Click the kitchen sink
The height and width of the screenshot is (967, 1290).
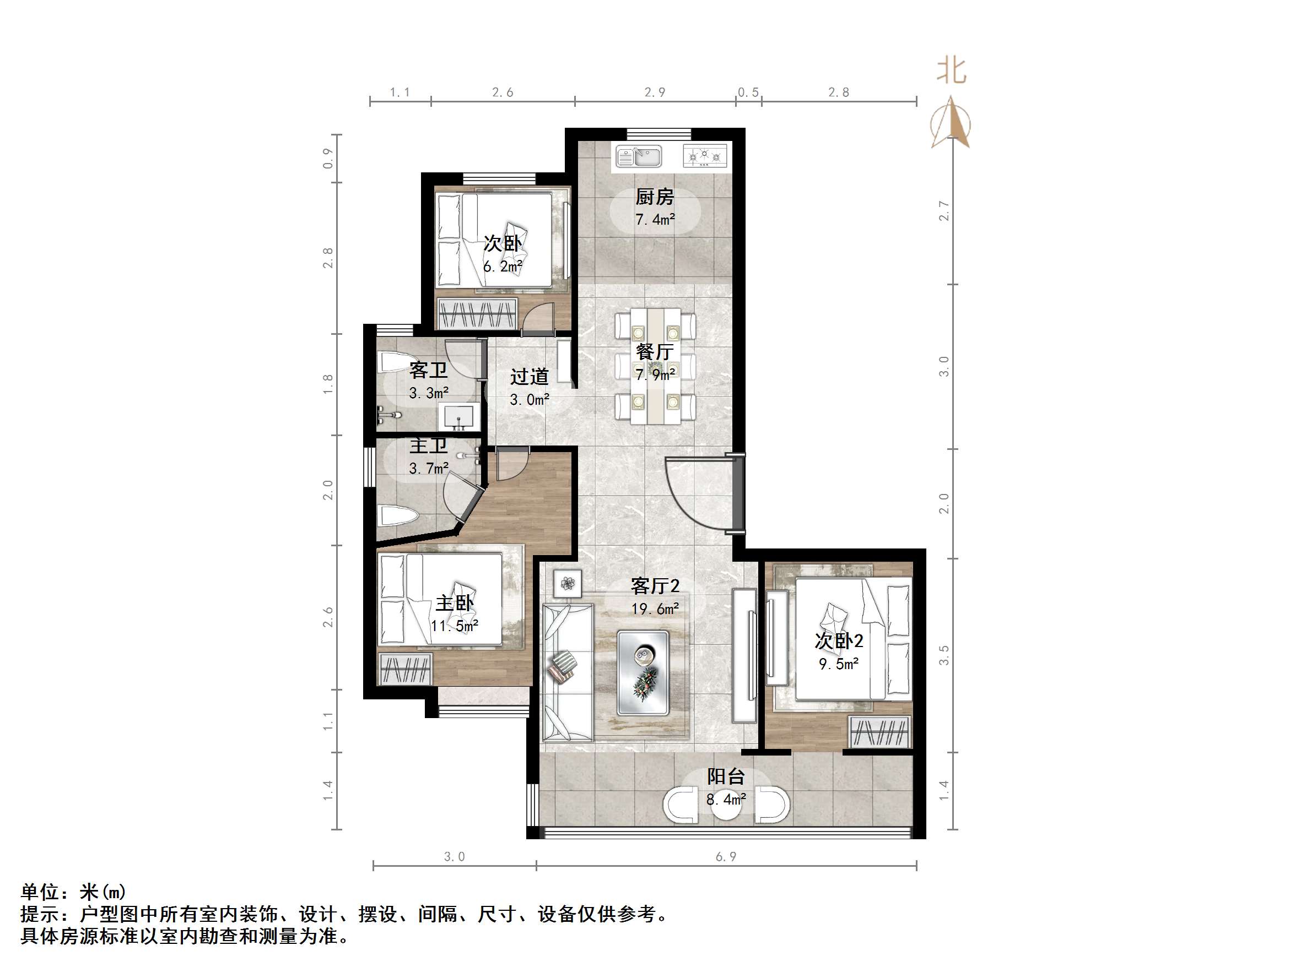[x=639, y=156]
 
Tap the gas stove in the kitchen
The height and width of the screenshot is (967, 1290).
[x=704, y=156]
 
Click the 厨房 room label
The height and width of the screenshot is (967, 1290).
[x=654, y=197]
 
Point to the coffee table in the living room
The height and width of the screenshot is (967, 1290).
[x=643, y=672]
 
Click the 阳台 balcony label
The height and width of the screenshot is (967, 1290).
[x=726, y=776]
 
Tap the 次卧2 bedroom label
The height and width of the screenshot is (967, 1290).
[x=839, y=641]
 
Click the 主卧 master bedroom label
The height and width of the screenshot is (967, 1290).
[x=454, y=602]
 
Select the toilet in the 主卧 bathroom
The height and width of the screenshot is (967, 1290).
[x=398, y=516]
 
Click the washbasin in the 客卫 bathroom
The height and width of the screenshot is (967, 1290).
[x=459, y=417]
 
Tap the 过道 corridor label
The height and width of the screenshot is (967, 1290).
[x=529, y=377]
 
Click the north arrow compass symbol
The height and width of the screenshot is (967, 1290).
[x=951, y=123]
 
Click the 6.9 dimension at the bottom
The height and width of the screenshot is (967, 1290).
[x=726, y=856]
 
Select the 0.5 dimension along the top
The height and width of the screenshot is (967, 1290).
[x=748, y=92]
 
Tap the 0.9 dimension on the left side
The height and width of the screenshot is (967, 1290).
[x=328, y=159]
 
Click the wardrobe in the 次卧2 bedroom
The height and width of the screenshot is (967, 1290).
[x=880, y=732]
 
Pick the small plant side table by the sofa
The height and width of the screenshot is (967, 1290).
[x=568, y=582]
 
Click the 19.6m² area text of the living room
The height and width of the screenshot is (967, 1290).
[x=655, y=609]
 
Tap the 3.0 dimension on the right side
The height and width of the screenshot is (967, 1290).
[x=943, y=367]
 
